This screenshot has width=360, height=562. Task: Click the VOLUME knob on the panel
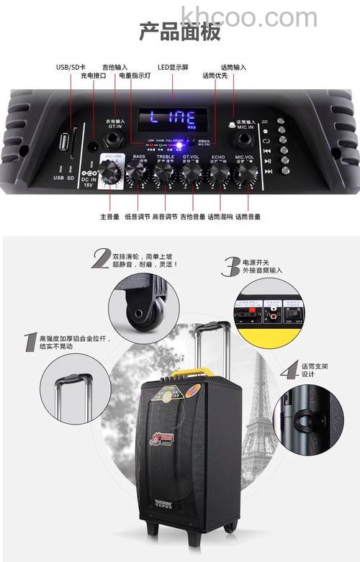coord(112,171)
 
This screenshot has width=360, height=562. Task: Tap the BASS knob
coord(137,172)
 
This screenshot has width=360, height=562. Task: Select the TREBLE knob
coord(163,172)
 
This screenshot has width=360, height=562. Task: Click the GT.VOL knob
coord(191,172)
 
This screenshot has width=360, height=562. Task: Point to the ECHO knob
coord(217,172)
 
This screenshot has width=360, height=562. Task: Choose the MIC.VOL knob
coord(244,172)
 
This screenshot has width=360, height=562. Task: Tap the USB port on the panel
coord(71,140)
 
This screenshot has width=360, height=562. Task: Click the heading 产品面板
coord(179,32)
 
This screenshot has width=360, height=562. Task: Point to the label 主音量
coord(109,216)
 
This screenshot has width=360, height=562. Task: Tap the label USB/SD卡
coord(71,68)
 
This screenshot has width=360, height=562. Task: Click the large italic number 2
coord(100,258)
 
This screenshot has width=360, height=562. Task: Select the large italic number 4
coord(289,370)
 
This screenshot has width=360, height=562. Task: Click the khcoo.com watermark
coord(248,16)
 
